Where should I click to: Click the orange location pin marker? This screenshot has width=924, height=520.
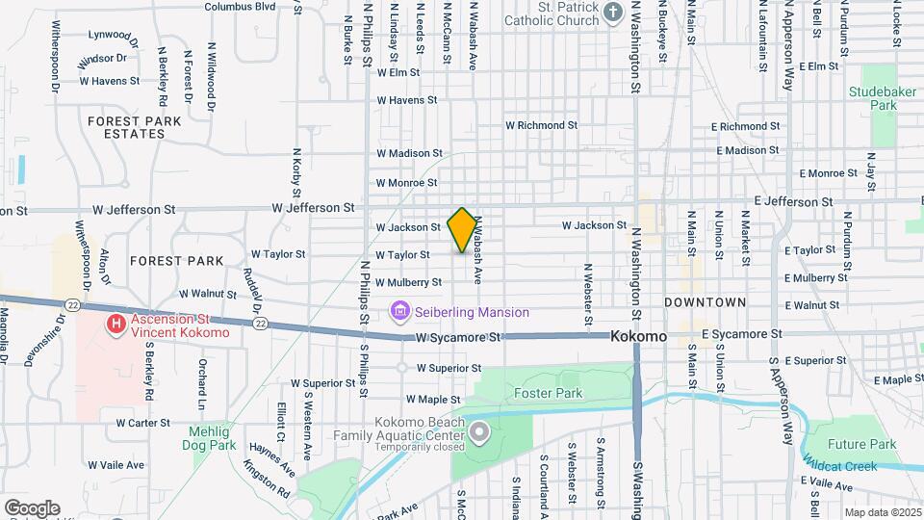pos(462,229)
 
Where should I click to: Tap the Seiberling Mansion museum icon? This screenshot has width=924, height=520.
pos(399,312)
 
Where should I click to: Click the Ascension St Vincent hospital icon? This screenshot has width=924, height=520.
pos(116,325)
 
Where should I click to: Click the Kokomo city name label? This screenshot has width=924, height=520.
pos(639,337)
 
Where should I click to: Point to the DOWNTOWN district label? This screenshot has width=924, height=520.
pos(706,302)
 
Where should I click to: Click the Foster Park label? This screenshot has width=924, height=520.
pos(549,393)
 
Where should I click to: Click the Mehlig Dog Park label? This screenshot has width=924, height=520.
pos(210,439)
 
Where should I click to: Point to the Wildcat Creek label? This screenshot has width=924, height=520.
pos(847,466)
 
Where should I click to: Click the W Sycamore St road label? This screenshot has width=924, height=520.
pos(459,338)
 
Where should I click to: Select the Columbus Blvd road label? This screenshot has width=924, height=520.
pos(240,6)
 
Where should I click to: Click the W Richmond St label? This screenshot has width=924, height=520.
pos(541,125)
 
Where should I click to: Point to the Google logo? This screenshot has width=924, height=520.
pos(31,508)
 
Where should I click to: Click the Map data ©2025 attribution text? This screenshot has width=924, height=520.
pos(882,512)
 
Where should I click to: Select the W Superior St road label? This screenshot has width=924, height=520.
pos(449,368)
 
